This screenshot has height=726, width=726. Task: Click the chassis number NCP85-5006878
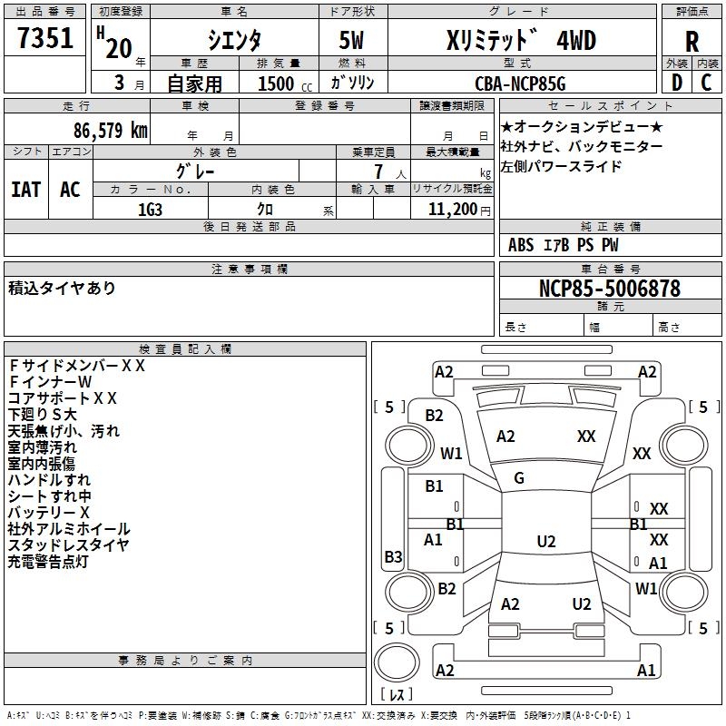(x=610, y=289)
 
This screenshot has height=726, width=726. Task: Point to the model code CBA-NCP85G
(x=520, y=83)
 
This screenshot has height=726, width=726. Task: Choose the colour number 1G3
(x=150, y=208)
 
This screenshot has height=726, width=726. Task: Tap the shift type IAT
(x=25, y=189)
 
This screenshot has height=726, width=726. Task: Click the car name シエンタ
(x=233, y=40)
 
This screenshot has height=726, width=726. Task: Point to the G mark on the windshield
(x=519, y=478)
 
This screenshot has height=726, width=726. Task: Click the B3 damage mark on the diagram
(x=393, y=556)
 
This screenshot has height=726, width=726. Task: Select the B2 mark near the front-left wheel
(x=435, y=416)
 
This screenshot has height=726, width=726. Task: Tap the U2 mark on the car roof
(x=545, y=542)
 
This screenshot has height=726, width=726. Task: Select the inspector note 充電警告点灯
(x=48, y=562)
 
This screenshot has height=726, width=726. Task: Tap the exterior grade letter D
(x=676, y=83)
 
